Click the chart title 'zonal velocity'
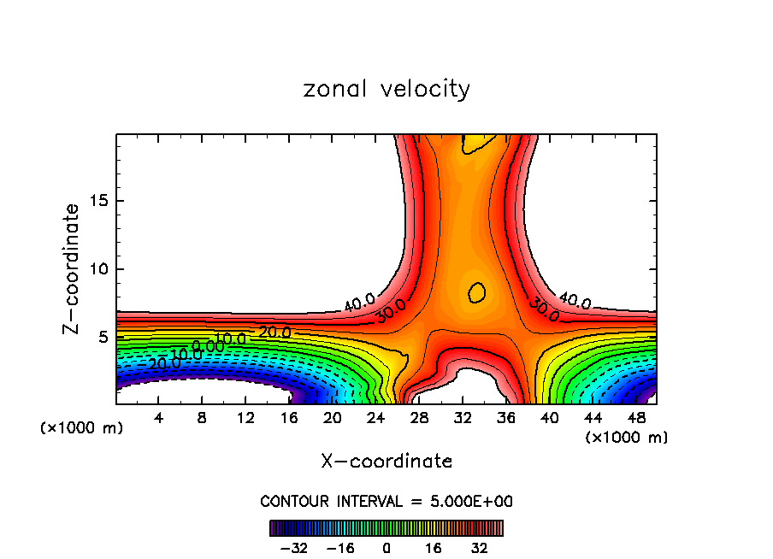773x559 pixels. (386, 89)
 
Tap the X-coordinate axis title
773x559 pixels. (386, 462)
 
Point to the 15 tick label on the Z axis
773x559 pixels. (97, 201)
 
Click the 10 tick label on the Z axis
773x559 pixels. (97, 269)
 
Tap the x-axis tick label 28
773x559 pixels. (418, 417)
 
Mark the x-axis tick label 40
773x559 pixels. (548, 417)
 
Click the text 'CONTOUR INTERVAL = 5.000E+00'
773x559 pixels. (386, 501)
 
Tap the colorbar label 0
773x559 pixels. (386, 548)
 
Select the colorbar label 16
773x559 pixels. (432, 548)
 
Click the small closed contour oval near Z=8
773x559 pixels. (477, 292)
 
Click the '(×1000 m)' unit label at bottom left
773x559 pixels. (82, 428)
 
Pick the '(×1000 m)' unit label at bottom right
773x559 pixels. (627, 438)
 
